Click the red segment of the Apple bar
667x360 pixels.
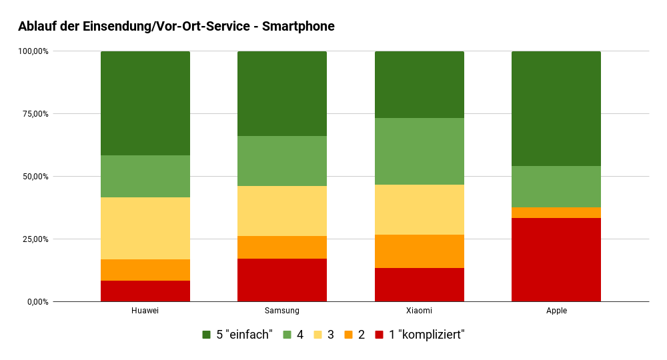click(556, 259)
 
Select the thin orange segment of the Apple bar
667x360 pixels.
click(556, 213)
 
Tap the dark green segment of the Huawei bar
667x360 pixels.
click(145, 103)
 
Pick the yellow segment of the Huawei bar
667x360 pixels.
click(145, 228)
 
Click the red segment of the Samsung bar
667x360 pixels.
click(281, 280)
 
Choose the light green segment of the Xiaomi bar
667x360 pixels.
click(419, 151)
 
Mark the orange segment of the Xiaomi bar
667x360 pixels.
click(419, 251)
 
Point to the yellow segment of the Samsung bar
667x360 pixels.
click(281, 211)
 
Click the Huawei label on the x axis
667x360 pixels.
click(145, 311)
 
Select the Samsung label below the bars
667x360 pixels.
click(281, 311)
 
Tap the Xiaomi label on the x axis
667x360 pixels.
click(419, 311)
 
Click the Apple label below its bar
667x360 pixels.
click(556, 311)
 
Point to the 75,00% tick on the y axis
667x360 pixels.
click(33, 114)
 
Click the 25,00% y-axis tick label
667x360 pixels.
click(33, 239)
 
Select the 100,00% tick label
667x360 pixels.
click(32, 51)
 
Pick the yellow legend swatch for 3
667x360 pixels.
click(318, 335)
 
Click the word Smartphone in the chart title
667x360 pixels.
click(298, 27)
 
